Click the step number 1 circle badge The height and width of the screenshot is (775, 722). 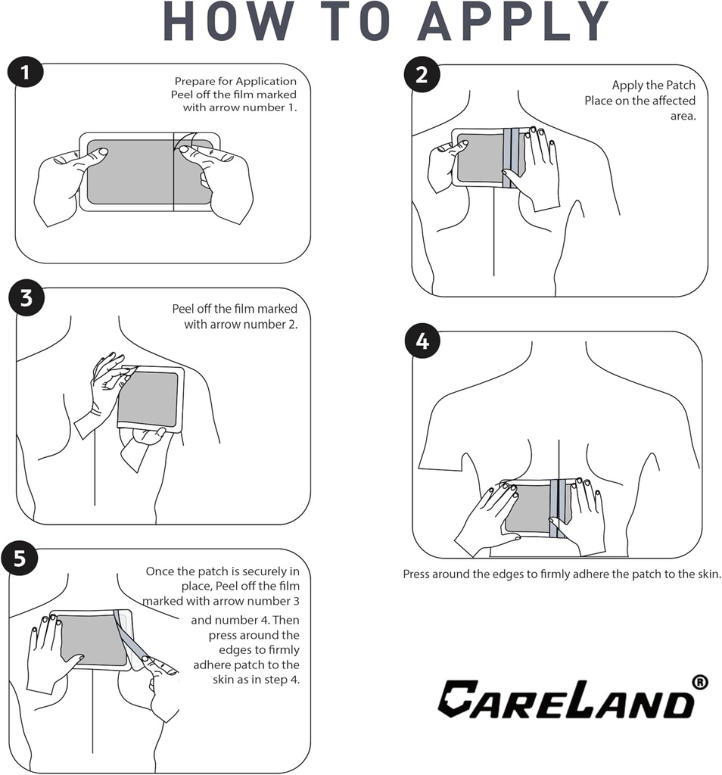(x=25, y=74)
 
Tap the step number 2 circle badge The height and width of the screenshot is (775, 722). (x=422, y=74)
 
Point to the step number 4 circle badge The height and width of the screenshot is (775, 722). (x=422, y=341)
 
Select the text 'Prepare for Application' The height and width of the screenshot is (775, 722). (x=235, y=81)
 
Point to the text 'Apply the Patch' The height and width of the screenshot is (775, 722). (x=653, y=86)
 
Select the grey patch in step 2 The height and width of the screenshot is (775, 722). (x=479, y=158)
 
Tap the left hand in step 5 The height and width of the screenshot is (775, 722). (x=49, y=651)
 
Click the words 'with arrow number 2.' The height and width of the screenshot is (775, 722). (x=241, y=324)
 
